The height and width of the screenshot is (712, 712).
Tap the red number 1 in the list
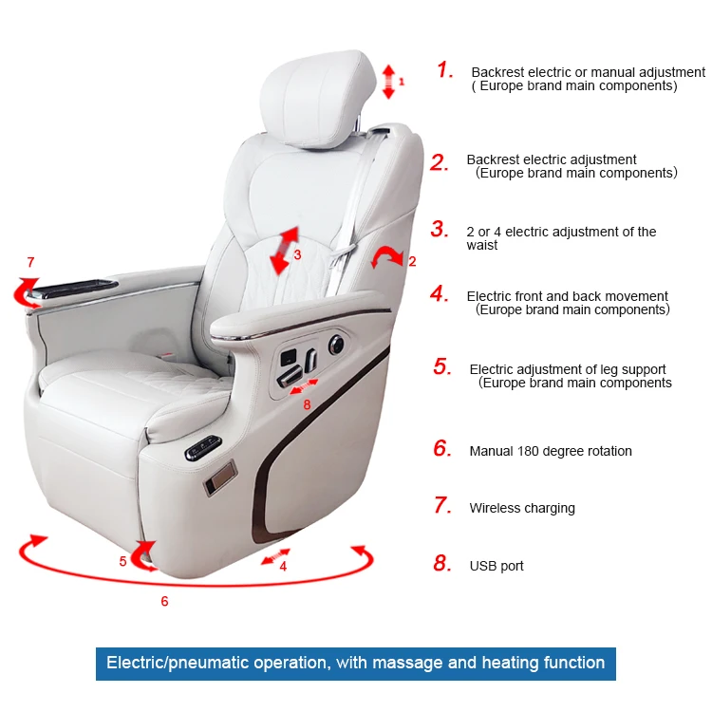click(444, 70)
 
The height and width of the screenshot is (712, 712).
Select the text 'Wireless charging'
click(522, 508)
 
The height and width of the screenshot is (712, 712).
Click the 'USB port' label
click(497, 566)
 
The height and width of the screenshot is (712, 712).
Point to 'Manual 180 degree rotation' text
click(551, 451)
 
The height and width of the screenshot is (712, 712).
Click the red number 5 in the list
click(441, 367)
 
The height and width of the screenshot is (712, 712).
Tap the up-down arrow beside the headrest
click(388, 82)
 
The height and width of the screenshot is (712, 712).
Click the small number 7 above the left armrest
click(30, 262)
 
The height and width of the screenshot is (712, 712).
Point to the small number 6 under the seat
click(164, 601)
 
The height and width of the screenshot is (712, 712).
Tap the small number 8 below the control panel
click(307, 404)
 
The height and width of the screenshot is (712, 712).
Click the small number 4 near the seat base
click(283, 567)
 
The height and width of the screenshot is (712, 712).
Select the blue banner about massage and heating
click(355, 663)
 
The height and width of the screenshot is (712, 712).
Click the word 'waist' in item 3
click(482, 245)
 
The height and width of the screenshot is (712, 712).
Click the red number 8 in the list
click(441, 564)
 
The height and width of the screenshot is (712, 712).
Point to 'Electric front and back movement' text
click(568, 296)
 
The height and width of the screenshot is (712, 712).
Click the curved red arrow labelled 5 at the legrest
click(143, 554)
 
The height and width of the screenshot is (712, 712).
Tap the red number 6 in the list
click(441, 449)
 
